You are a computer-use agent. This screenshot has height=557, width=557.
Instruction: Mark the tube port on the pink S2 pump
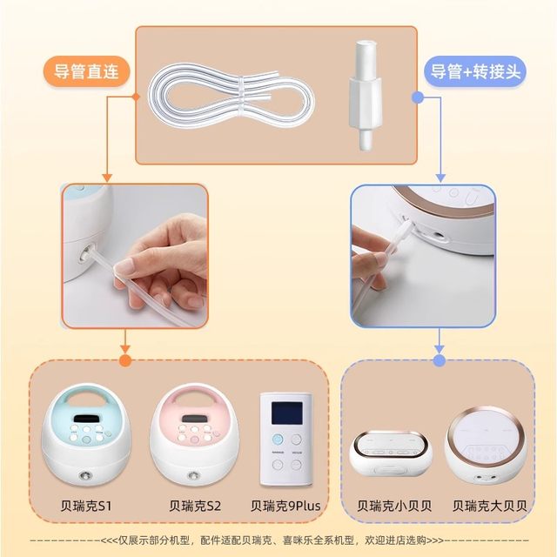(191, 477)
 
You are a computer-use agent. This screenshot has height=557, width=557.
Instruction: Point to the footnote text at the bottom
(278, 539)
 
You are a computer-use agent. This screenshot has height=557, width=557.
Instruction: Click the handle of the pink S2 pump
(193, 401)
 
